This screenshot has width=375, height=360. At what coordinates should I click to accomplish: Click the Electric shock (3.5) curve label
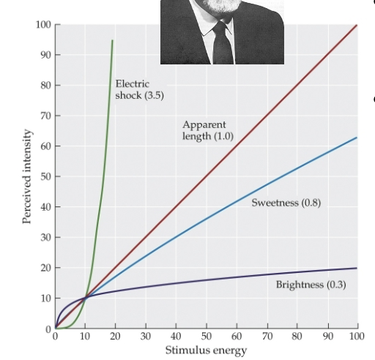(x=133, y=89)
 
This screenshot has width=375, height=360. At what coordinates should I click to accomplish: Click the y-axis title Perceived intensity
(x=29, y=177)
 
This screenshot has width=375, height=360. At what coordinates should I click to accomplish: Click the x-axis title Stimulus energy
(x=206, y=350)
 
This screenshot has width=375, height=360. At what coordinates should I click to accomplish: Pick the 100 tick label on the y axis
(x=43, y=25)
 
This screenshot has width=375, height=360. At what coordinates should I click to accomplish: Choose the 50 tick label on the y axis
(x=45, y=177)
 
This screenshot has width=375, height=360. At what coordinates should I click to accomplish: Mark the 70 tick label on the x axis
(x=266, y=337)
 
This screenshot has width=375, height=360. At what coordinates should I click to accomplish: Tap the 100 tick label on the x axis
(x=357, y=337)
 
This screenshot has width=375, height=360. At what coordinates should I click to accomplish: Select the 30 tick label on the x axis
(x=145, y=337)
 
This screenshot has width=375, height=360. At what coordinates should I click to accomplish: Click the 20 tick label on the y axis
(x=45, y=269)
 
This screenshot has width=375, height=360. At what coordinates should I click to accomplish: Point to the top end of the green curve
(x=112, y=40)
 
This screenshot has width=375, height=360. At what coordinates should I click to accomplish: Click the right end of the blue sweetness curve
(x=357, y=138)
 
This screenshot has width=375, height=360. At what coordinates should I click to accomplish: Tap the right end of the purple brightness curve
(x=357, y=268)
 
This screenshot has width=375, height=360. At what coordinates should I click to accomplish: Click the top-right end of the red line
(x=357, y=25)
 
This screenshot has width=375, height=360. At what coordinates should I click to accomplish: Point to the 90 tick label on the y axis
(x=45, y=56)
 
